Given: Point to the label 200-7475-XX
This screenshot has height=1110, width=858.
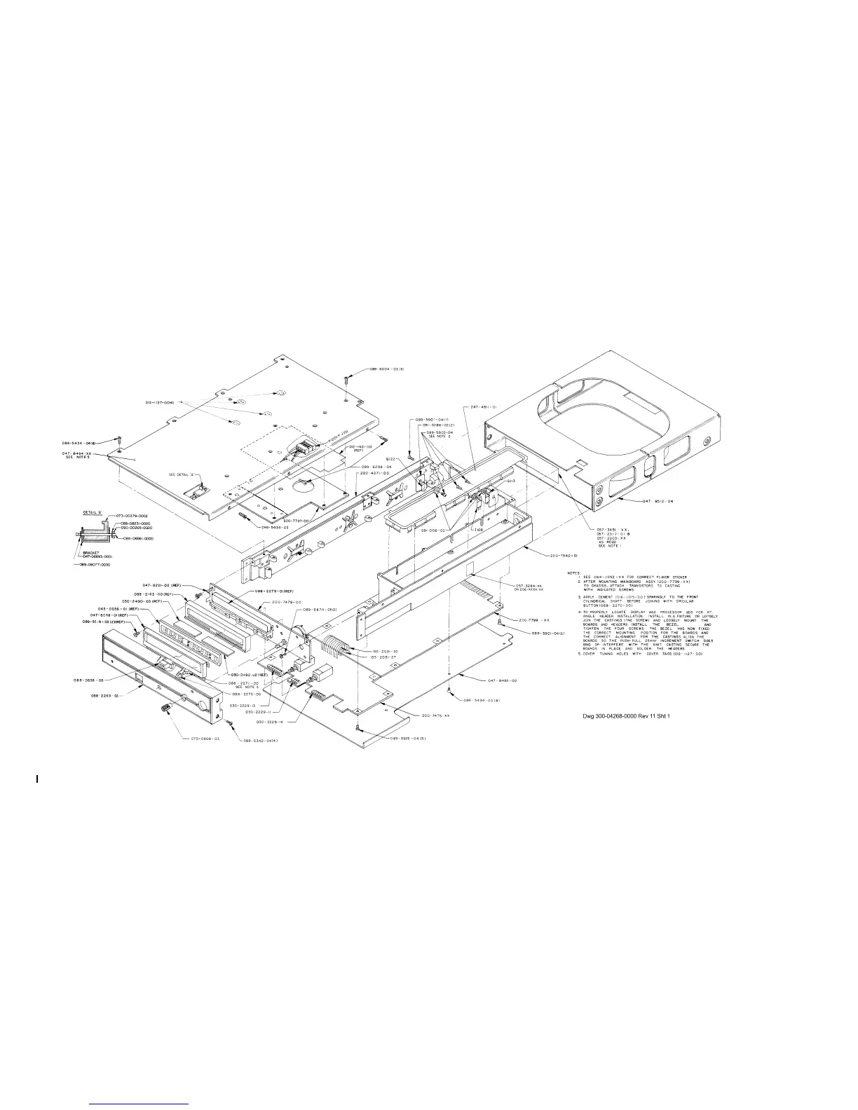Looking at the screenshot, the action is [435, 715].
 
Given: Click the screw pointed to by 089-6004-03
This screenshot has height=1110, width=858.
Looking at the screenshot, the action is [348, 379].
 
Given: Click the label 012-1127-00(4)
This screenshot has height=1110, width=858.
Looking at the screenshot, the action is [160, 402].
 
